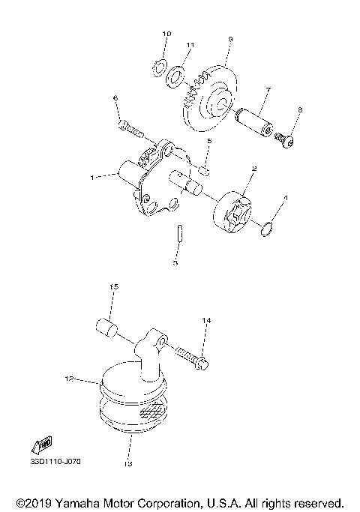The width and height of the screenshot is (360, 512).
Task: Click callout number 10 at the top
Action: click(166, 34)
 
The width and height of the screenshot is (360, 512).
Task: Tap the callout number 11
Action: click(190, 46)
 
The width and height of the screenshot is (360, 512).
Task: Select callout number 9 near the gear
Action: click(230, 39)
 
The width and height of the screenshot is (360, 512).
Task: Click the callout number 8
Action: click(299, 110)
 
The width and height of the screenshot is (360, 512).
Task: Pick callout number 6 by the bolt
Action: click(115, 98)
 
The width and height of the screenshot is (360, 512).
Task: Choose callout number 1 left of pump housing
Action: click(91, 178)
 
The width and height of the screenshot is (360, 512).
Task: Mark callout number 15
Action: click(115, 287)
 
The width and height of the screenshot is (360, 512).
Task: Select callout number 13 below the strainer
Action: click(128, 463)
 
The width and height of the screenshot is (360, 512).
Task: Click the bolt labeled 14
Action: click(193, 355)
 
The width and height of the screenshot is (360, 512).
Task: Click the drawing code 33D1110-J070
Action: click(55, 461)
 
